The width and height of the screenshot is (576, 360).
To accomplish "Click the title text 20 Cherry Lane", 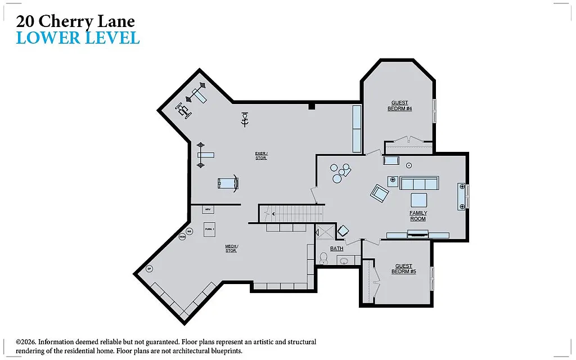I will [x=75, y=21].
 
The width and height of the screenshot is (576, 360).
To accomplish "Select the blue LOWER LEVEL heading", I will [x=78, y=38].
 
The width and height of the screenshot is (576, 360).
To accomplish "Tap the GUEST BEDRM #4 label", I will [x=399, y=106].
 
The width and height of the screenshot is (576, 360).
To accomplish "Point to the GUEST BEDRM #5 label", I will [x=403, y=269].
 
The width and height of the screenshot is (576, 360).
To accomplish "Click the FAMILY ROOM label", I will [x=418, y=215].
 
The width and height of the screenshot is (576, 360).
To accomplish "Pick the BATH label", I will [x=336, y=248].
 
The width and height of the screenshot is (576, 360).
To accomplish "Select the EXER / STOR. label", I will [x=261, y=155].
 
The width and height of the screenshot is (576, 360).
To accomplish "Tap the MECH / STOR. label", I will [x=231, y=248].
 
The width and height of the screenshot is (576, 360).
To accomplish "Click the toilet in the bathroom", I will [x=323, y=258].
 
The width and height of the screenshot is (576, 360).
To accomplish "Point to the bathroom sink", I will [x=345, y=260].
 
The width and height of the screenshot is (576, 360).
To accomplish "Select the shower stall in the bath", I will [x=324, y=232].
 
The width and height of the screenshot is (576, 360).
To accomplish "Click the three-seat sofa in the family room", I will [x=418, y=183].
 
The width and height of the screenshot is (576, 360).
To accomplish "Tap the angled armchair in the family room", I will [x=380, y=193].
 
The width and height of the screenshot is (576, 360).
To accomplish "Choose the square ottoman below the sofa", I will [x=418, y=200].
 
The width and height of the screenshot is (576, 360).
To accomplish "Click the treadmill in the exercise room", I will [x=228, y=183].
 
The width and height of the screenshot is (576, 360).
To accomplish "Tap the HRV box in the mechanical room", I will [x=208, y=209].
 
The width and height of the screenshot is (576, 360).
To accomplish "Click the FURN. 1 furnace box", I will [x=210, y=229].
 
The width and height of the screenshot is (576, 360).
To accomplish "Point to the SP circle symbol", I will [x=149, y=269].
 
